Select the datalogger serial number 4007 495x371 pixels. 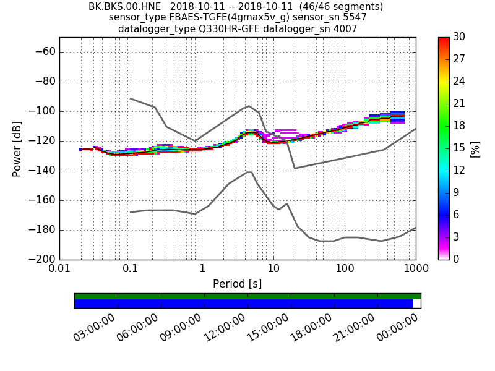pos(345,29)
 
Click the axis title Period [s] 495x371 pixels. pos(237,284)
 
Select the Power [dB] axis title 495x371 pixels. pos(17,148)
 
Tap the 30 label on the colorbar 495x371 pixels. pos(460,37)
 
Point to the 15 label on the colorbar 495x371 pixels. pos(460,148)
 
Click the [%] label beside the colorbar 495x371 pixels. pos(475,148)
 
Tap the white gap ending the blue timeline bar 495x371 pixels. pos(417,304)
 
